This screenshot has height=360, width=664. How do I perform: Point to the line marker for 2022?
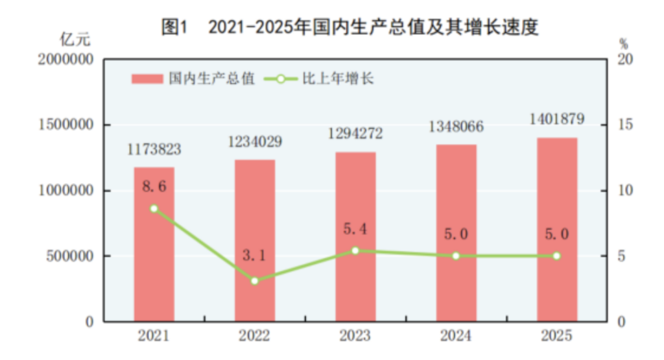255,281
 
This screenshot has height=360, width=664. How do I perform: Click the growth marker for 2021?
154,209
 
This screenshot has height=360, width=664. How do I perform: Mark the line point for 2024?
456,256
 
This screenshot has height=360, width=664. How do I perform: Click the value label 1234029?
255,141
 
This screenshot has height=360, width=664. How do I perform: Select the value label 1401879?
556,119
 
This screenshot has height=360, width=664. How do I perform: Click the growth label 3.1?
255,255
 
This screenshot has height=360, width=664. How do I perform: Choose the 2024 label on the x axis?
456,336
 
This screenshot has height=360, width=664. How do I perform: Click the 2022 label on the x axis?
255,336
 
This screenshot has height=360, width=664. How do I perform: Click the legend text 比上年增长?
338,79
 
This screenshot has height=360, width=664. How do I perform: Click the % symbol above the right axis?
623,44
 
